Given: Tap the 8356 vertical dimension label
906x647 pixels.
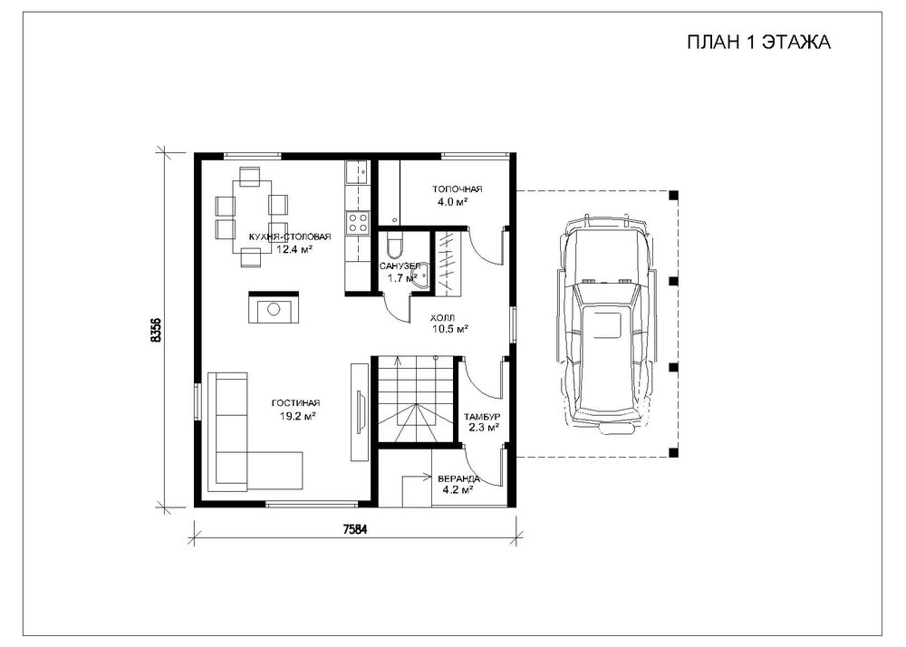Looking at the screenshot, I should pos(156,332).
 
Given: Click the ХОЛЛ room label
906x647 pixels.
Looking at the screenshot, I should pos(443,318).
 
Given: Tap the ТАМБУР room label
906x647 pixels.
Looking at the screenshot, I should pos(482,418).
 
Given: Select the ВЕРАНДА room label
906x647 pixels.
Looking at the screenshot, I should pos(458,479).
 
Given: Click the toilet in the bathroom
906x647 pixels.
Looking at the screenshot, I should pos(392,246).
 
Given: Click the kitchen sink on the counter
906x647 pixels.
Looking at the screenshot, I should pos(357,170).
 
